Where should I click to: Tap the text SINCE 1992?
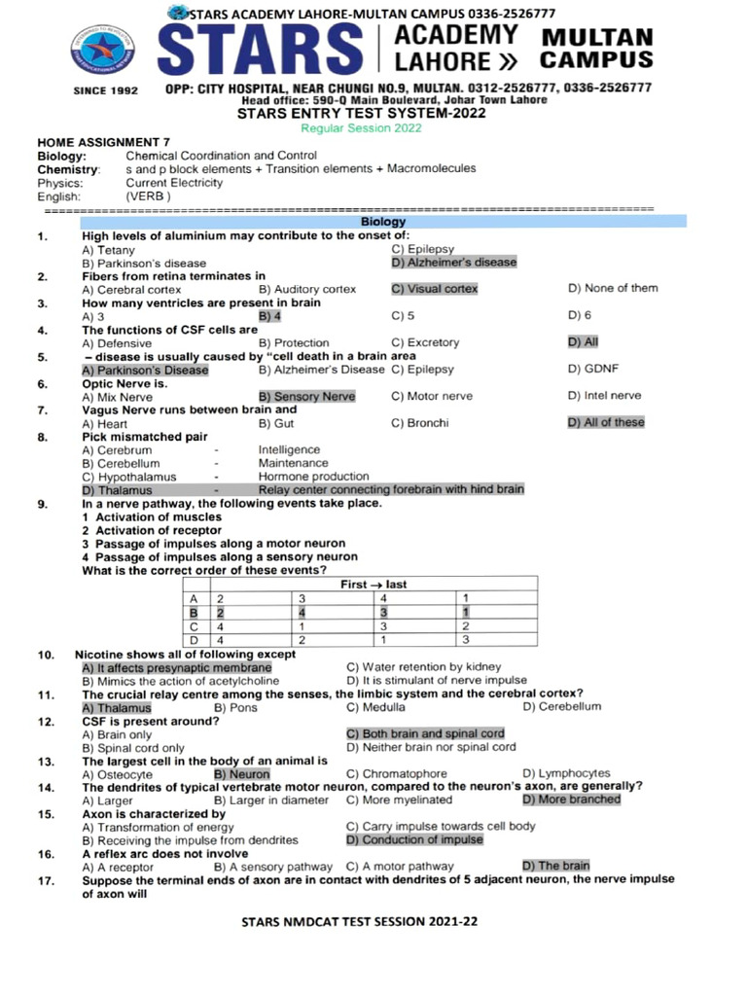click(106, 90)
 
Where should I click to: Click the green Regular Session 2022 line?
click(361, 128)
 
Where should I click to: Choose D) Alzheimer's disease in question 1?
click(453, 263)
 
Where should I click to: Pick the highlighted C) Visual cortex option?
click(434, 289)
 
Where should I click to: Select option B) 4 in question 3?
click(269, 316)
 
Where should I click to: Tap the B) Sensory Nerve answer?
click(306, 397)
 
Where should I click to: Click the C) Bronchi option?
click(419, 423)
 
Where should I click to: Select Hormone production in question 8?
click(313, 477)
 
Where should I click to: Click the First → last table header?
click(373, 585)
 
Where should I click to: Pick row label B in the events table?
click(194, 613)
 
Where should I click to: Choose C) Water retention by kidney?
click(424, 667)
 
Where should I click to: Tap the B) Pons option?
click(235, 707)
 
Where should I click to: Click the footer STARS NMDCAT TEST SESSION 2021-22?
click(359, 920)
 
